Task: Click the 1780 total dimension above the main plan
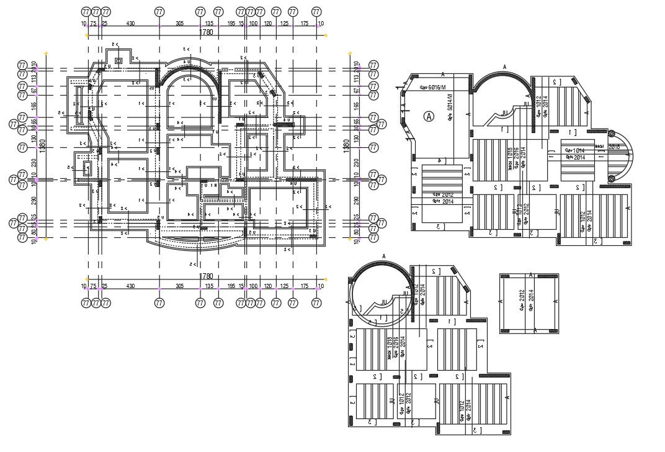coord(205,32)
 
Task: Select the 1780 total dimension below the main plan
coord(205,276)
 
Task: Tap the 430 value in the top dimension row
coord(131,24)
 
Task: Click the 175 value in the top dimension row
coord(305,24)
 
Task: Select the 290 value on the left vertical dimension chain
coord(35,201)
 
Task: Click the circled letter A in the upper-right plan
coord(428,115)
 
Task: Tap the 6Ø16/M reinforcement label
coord(433,88)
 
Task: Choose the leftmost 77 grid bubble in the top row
coord(86,12)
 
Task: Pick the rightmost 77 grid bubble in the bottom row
coord(317,303)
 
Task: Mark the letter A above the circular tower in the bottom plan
coord(384,256)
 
